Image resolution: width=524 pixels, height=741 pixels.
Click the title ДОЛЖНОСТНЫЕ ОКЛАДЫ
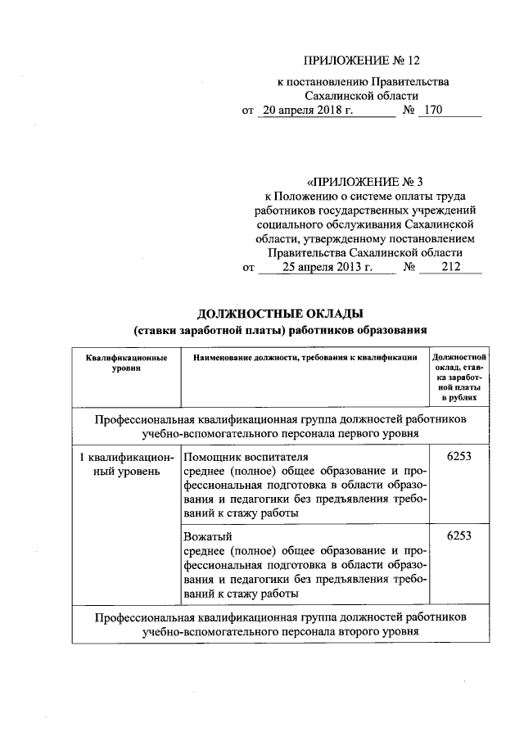(280, 314)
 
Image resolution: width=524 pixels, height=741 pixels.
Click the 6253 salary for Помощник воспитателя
(459, 455)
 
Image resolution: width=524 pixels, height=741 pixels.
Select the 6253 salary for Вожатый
(459, 535)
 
